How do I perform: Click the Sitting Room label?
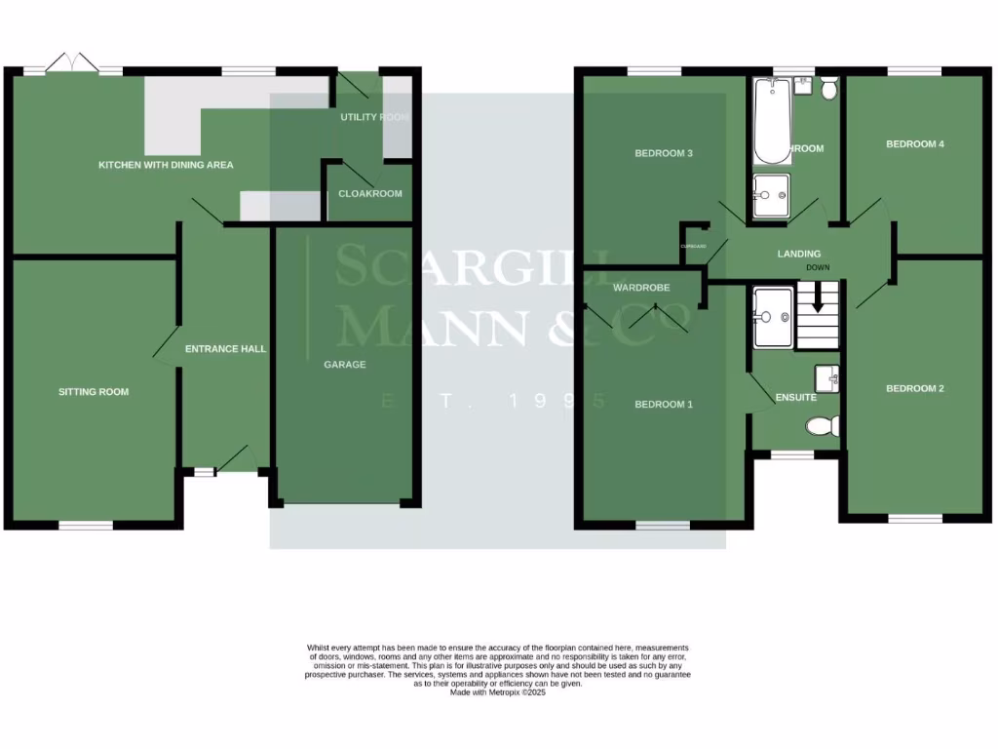94,392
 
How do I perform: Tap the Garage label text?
345,365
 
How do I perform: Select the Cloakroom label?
369,194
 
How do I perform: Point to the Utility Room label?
374,117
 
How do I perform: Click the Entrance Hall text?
225,349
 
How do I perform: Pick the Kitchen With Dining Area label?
166,165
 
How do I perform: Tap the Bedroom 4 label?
914,144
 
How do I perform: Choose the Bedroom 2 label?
914,389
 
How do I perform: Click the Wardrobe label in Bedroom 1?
638,289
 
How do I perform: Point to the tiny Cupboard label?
693,247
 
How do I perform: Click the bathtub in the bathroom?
772,122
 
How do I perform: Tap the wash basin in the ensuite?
828,376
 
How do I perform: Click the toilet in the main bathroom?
829,89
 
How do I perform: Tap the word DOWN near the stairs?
818,267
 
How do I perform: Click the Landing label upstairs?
798,255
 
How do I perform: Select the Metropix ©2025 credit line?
498,692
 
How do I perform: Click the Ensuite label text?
795,398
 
